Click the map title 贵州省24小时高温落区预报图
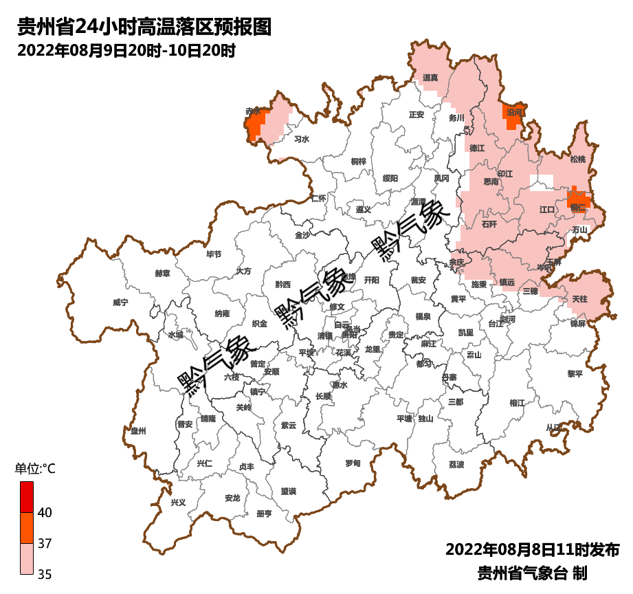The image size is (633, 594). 144,27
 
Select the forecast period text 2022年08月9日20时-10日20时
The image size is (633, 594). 126,51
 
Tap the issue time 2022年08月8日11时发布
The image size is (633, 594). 533,550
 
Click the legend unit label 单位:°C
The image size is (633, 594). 35,470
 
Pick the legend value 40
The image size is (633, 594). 45,513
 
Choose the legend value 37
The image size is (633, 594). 45,544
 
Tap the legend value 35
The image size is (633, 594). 45,574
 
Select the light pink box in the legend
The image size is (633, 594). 26,558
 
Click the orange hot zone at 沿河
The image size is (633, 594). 513,119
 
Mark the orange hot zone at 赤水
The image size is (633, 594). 255,126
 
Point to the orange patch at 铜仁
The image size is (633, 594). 578,199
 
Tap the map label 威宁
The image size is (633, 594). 120,302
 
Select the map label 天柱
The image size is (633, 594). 579,299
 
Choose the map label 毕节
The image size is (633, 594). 214,254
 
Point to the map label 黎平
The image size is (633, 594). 575,374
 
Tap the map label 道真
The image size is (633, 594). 430,78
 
